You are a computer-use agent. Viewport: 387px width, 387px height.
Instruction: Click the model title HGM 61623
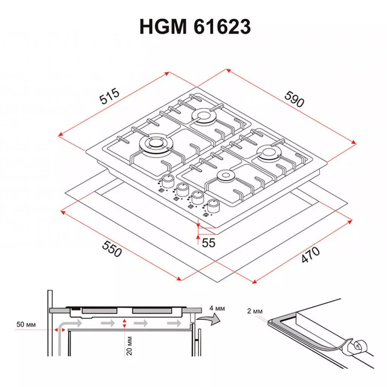[195, 27]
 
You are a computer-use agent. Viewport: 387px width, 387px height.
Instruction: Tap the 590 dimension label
[294, 99]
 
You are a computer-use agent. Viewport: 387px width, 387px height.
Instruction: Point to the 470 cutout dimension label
[311, 255]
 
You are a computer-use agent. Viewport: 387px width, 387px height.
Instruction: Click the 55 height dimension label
[208, 243]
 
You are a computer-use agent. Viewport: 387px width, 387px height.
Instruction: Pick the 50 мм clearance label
[26, 324]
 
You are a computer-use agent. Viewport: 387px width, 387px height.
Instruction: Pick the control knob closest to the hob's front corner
[214, 205]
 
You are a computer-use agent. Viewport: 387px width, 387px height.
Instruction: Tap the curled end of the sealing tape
[358, 346]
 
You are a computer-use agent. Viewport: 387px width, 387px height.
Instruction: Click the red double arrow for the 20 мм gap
[125, 323]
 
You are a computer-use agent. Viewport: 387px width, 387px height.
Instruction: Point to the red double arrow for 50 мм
[59, 330]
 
